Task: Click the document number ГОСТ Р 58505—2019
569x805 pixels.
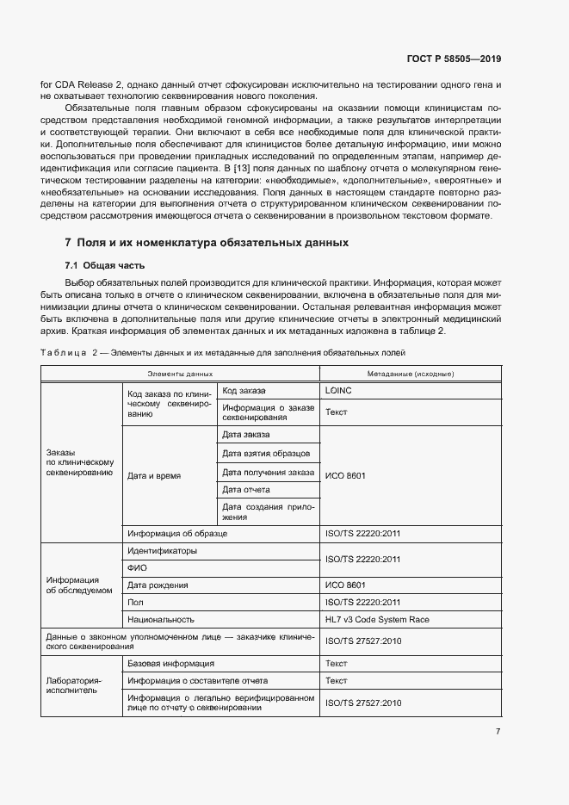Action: (453, 59)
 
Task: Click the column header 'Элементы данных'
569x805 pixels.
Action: (179, 374)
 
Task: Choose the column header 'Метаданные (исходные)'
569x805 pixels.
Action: (410, 374)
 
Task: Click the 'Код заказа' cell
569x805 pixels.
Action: (244, 390)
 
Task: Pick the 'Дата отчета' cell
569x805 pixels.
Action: (246, 489)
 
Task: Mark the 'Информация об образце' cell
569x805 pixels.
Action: (177, 534)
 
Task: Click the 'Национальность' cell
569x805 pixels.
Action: (161, 619)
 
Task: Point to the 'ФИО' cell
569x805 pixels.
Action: (136, 567)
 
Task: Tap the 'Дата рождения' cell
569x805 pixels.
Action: (158, 585)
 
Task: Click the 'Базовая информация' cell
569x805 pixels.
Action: (170, 664)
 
